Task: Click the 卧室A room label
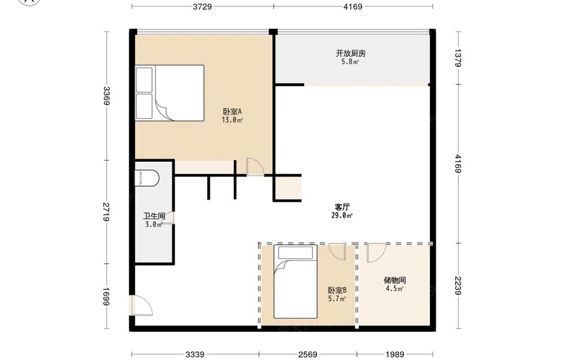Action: click(x=232, y=111)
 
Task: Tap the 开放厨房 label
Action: click(x=351, y=53)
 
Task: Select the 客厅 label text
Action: click(x=342, y=207)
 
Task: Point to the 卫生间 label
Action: click(x=154, y=216)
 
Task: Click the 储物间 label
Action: click(x=394, y=280)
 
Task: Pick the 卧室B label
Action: click(x=337, y=290)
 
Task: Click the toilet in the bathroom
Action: click(x=147, y=177)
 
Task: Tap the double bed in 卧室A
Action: click(x=169, y=93)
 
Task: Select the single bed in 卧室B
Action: click(x=295, y=282)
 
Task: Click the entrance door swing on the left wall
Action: click(x=142, y=306)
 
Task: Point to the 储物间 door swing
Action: click(x=376, y=253)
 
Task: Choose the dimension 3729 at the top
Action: click(x=202, y=6)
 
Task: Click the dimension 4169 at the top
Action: click(x=353, y=6)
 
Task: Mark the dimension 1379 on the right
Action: click(x=458, y=58)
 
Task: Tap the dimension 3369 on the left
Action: click(x=106, y=96)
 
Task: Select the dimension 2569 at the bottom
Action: click(x=308, y=354)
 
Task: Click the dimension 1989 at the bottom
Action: click(x=394, y=354)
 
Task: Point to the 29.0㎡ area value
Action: click(x=342, y=215)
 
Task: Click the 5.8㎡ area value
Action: click(x=350, y=62)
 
